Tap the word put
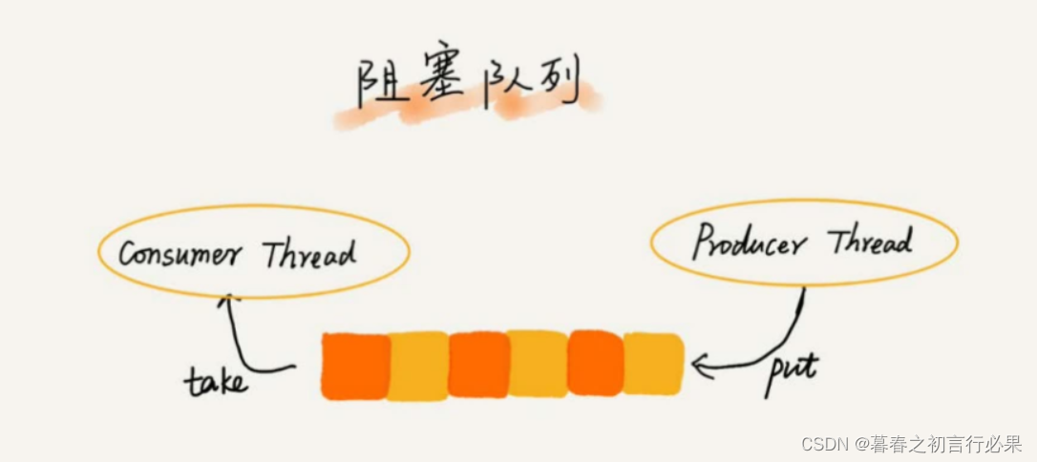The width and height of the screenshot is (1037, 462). [793, 368]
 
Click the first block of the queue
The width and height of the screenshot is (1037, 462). [354, 366]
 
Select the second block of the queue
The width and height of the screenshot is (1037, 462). [417, 366]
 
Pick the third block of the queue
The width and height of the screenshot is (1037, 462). [478, 365]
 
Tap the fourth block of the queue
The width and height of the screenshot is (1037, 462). [538, 364]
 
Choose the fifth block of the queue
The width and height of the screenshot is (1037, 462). [596, 363]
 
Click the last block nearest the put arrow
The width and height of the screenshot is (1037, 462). [654, 364]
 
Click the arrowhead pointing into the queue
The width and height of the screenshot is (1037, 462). [701, 365]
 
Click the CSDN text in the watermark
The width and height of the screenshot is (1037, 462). [825, 444]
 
